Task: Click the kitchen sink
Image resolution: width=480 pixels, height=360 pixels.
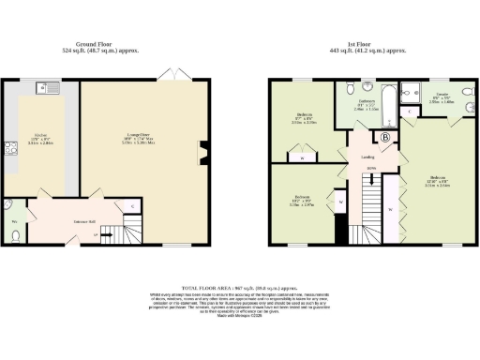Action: point(43,88)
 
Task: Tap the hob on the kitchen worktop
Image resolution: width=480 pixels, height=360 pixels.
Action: point(11,147)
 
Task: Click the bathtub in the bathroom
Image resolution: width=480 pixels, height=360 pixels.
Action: point(413,92)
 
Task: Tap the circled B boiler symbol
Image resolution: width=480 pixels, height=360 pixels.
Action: point(384,137)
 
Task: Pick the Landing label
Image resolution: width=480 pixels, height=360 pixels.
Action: point(368,157)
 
